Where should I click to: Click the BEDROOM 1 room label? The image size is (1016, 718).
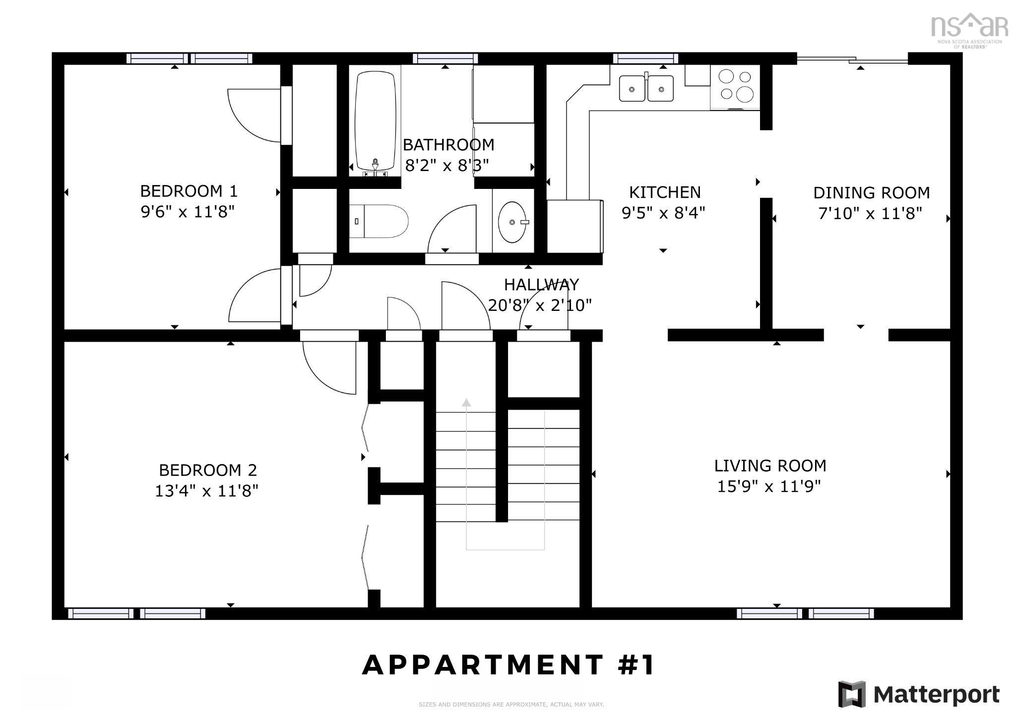(x=189, y=191)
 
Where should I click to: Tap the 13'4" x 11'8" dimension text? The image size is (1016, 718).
(x=206, y=491)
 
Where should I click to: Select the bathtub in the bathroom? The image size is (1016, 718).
(x=376, y=121)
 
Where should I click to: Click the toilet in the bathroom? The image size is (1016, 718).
(x=380, y=221)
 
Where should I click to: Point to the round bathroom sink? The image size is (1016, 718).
(x=512, y=222)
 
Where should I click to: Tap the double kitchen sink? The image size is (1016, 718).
(x=646, y=88)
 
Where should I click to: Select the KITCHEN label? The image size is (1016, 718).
(x=664, y=192)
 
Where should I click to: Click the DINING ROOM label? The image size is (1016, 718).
(x=871, y=193)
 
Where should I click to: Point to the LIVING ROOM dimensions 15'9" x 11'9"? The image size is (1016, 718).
(x=768, y=486)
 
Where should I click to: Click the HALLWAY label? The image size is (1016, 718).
(x=541, y=285)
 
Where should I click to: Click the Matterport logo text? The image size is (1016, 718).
(x=936, y=694)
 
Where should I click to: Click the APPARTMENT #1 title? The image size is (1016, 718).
(x=508, y=665)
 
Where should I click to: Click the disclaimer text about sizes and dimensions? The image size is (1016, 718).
(x=511, y=705)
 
